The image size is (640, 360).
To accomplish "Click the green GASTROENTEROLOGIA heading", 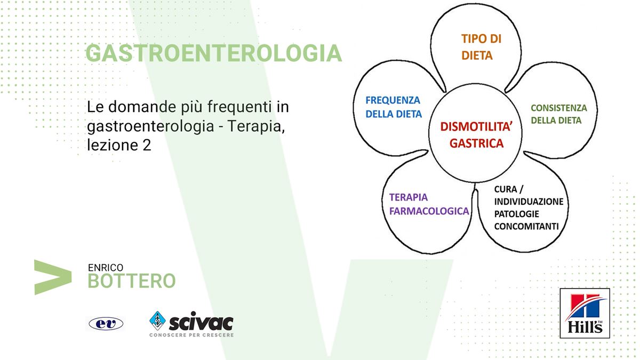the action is [214, 53].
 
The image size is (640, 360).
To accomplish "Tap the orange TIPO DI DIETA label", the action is [481, 47].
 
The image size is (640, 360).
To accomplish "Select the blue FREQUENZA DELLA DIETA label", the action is [394, 107].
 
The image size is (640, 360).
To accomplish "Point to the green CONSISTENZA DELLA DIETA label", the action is [559, 114].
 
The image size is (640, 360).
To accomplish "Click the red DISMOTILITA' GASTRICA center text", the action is [476, 135].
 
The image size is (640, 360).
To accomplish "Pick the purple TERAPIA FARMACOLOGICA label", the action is [429, 204].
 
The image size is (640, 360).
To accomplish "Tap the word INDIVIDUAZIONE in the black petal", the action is [529, 202].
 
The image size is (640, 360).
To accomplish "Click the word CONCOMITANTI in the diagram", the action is [526, 226].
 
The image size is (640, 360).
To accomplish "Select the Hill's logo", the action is [585, 313].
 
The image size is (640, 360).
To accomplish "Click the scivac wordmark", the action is [201, 322].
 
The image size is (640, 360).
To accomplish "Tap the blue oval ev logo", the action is [106, 324].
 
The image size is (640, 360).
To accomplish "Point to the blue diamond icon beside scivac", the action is [157, 321].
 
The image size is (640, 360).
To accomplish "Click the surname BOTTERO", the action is [131, 281].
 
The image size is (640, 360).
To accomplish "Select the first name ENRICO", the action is [106, 268].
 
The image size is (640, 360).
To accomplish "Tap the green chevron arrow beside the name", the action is [53, 277].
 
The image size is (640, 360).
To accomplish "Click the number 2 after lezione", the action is [147, 145].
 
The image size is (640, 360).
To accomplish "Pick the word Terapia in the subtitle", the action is [256, 126].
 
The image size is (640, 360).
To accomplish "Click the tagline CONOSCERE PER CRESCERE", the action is [191, 335].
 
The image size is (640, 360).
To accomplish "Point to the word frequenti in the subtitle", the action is [239, 107].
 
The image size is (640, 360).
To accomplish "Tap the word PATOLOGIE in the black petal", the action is [517, 214].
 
